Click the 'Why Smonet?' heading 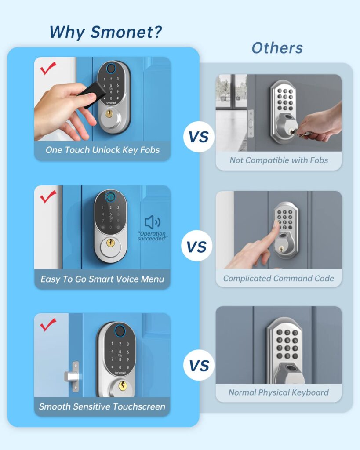pos(105,32)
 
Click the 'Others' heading pos(277,48)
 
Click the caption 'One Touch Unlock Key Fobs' pos(102,150)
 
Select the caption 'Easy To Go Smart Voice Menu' pos(102,279)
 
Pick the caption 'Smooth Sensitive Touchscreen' pos(102,406)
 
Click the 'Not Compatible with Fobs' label pos(279,160)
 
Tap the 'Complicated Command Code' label pos(279,278)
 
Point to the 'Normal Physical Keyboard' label pos(279,392)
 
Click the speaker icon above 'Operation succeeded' pos(153,222)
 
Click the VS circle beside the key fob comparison pos(198,137)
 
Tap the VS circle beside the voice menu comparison pos(197,247)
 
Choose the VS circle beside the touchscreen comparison pos(198,365)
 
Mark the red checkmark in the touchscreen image pos(47,325)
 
